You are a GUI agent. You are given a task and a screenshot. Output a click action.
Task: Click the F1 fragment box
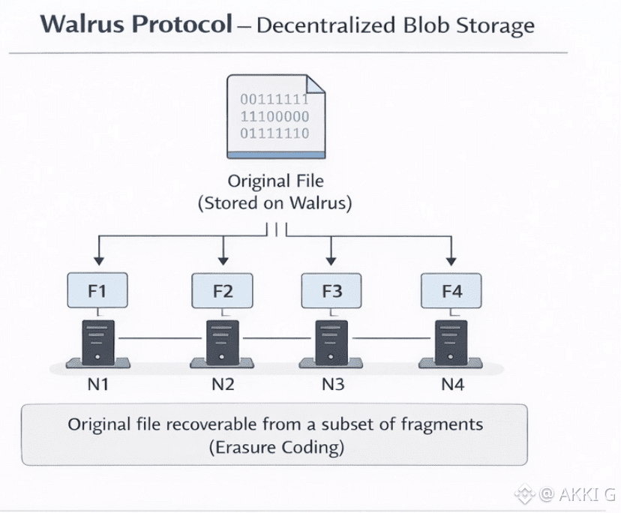coord(97,291)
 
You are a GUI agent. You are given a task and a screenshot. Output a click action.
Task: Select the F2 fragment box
coord(223,291)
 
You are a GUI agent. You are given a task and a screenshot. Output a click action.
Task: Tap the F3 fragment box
coord(332,291)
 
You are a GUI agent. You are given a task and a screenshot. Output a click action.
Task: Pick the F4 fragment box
coord(451,291)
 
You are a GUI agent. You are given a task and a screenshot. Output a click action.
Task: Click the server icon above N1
coord(97,342)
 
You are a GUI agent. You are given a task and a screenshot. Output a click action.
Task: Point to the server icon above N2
coord(223,342)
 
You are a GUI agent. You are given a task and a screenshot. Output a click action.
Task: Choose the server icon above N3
coord(332,342)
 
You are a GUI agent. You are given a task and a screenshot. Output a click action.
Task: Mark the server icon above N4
coord(451,342)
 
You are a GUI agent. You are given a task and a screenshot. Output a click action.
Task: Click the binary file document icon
coord(276,115)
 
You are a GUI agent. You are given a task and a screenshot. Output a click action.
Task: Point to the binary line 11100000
coord(274,116)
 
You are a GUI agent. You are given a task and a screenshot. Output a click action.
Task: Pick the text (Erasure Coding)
coord(275,448)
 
